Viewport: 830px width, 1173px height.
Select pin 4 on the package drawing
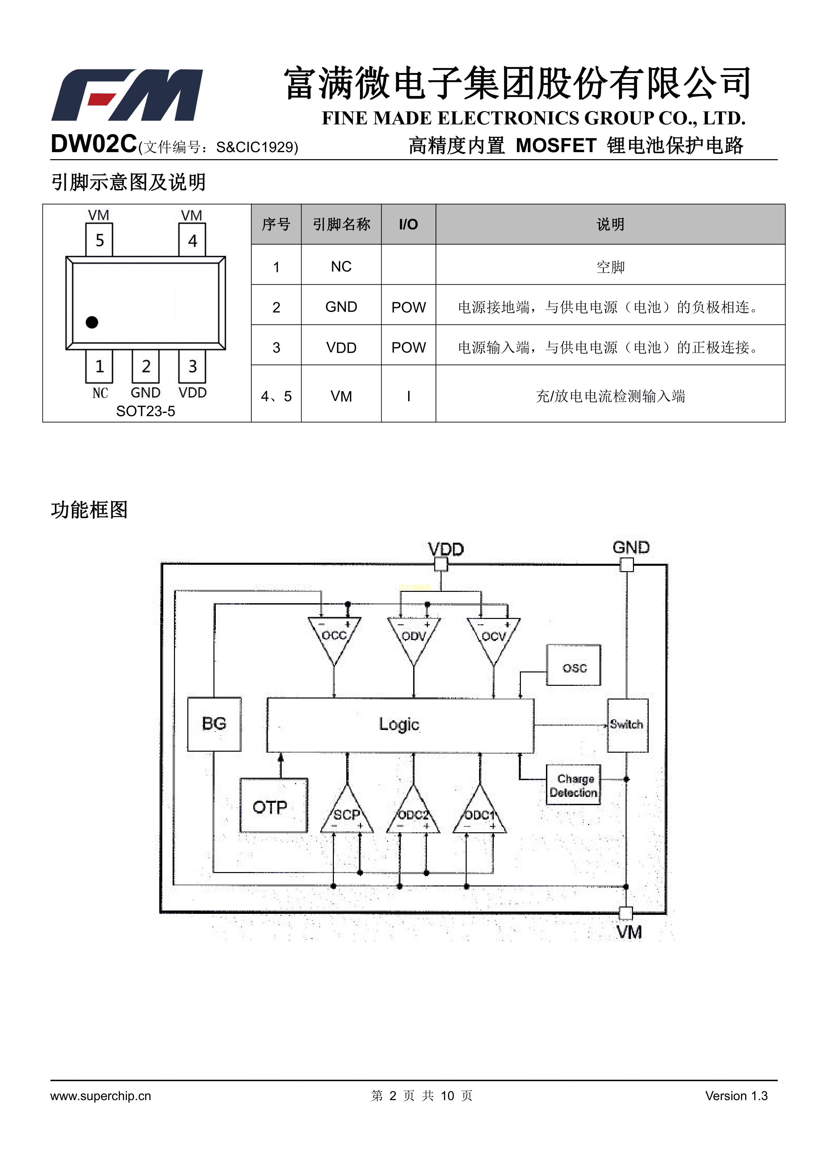(192, 240)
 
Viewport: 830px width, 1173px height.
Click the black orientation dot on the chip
(92, 322)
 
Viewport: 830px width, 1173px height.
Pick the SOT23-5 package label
(145, 411)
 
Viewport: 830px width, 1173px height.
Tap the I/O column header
(408, 224)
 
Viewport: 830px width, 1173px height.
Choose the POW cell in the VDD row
(408, 347)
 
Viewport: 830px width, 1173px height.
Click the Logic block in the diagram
(400, 725)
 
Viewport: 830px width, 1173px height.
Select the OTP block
(273, 806)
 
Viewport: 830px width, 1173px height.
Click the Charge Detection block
(573, 785)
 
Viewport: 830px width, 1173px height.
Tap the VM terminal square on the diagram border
(626, 913)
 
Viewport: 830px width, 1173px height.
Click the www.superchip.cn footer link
(101, 1096)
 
